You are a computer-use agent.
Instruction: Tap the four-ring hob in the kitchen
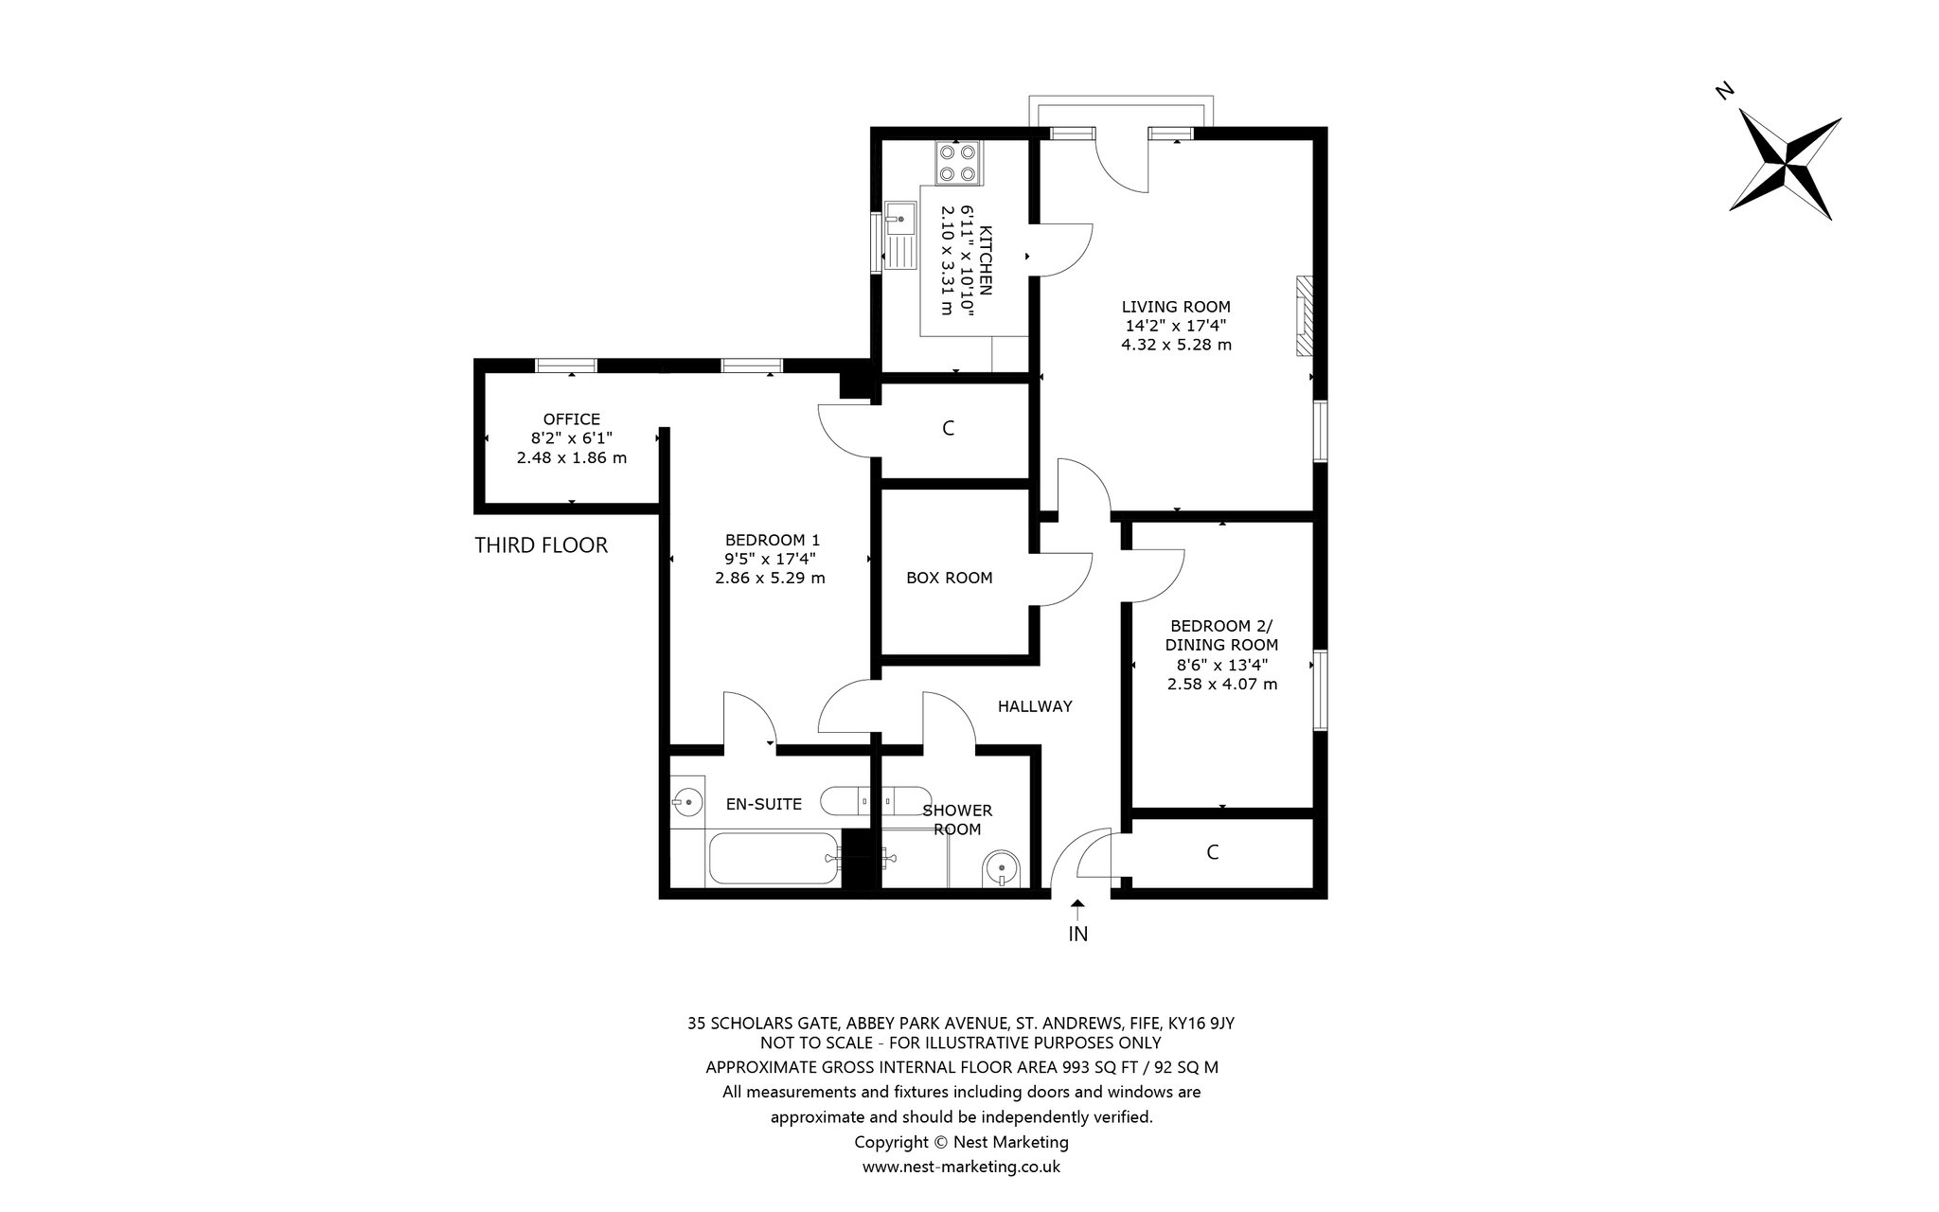click(958, 162)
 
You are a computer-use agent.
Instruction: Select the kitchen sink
click(900, 235)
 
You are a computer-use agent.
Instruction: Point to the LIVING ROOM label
click(1176, 307)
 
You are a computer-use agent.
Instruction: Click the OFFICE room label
click(572, 419)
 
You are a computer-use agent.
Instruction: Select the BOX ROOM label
click(950, 578)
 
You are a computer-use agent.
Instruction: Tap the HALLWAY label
click(1035, 706)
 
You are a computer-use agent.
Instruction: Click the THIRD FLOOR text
click(541, 545)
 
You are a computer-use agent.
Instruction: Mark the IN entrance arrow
click(1077, 910)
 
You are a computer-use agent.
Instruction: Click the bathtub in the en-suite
click(774, 859)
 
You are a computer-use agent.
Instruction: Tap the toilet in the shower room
click(1002, 867)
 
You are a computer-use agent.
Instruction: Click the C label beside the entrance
click(1213, 852)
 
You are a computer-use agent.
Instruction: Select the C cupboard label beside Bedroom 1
click(948, 429)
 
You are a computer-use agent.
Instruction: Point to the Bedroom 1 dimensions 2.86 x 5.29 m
click(770, 578)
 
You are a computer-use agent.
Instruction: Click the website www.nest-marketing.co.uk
click(961, 1167)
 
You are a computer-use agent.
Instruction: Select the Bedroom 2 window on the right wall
click(1320, 690)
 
